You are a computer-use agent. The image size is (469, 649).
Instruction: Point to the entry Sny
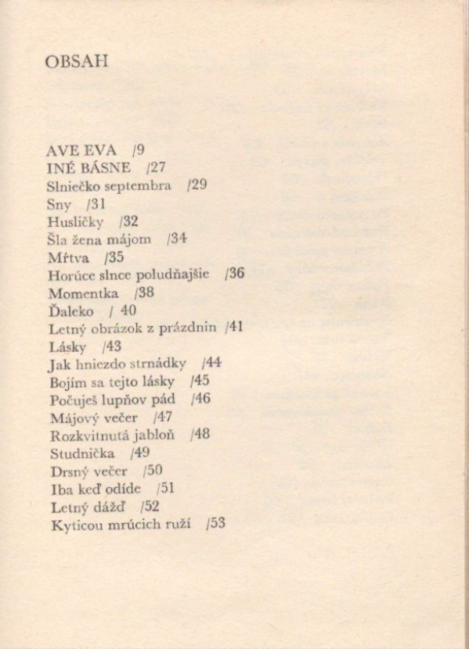[x=60, y=204]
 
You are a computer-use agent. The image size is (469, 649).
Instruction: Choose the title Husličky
[x=75, y=222]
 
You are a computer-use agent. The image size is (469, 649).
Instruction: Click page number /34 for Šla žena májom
[x=176, y=240]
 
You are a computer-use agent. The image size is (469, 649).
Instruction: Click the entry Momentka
[x=83, y=294]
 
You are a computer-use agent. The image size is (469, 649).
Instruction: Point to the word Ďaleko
[x=70, y=311]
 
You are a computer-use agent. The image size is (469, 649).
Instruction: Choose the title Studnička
[x=81, y=453]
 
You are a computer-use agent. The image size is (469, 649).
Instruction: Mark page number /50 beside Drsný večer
[x=153, y=471]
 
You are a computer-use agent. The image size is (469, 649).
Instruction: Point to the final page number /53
[x=215, y=523]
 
